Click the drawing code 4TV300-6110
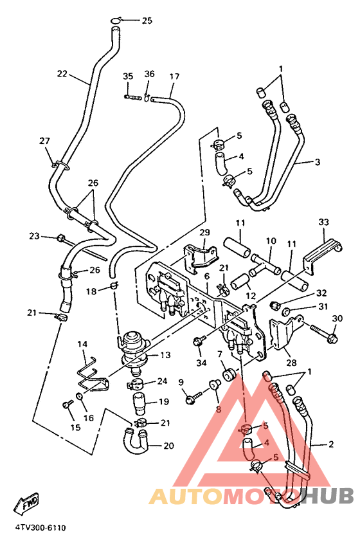click(x=40, y=527)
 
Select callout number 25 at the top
click(x=147, y=21)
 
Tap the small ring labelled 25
click(x=116, y=20)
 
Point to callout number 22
click(x=62, y=73)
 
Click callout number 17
click(x=174, y=76)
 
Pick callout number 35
click(x=128, y=76)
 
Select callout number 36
click(x=150, y=73)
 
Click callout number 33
click(x=323, y=222)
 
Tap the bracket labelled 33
click(x=321, y=253)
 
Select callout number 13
click(x=165, y=355)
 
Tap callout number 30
click(x=337, y=318)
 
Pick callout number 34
click(x=202, y=362)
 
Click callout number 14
click(x=82, y=344)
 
